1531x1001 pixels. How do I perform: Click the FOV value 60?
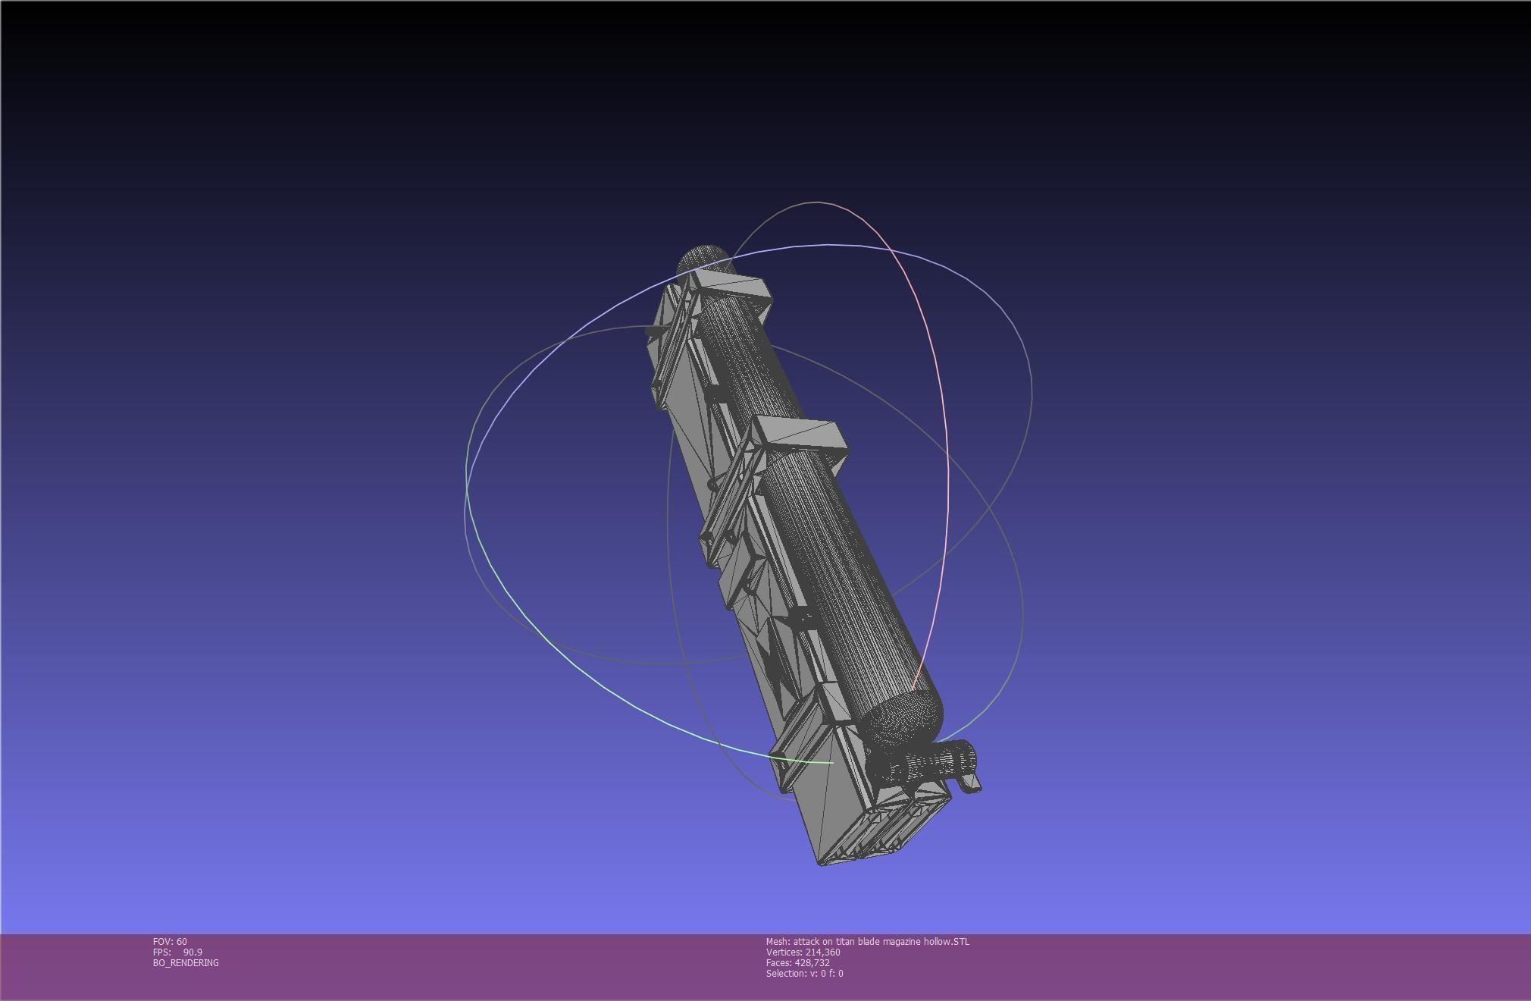pyautogui.click(x=181, y=942)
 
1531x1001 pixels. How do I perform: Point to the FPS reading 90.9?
pyautogui.click(x=193, y=952)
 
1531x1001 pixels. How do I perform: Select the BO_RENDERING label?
pyautogui.click(x=186, y=963)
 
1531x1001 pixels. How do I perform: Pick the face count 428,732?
pyautogui.click(x=812, y=963)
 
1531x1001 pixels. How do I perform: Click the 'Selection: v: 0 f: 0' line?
pyautogui.click(x=804, y=974)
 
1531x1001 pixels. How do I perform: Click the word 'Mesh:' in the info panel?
pyautogui.click(x=778, y=942)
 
